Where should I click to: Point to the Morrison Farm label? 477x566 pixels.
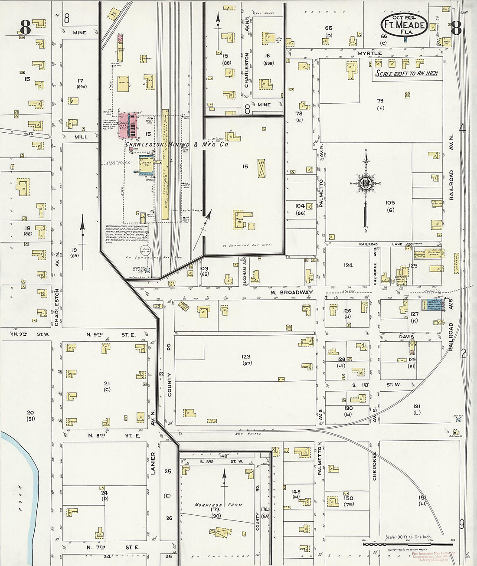(218, 505)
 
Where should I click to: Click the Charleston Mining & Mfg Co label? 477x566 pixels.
(176, 144)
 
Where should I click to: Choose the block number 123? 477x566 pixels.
(247, 357)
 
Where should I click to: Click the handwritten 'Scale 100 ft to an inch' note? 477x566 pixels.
(406, 73)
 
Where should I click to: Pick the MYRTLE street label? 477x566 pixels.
(369, 53)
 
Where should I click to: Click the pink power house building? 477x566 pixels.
(129, 125)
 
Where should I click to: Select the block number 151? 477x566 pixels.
(423, 497)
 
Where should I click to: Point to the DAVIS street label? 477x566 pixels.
(406, 337)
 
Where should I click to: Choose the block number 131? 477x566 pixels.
(417, 406)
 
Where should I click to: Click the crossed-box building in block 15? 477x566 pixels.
(262, 168)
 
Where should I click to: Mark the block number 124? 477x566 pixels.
(348, 265)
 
